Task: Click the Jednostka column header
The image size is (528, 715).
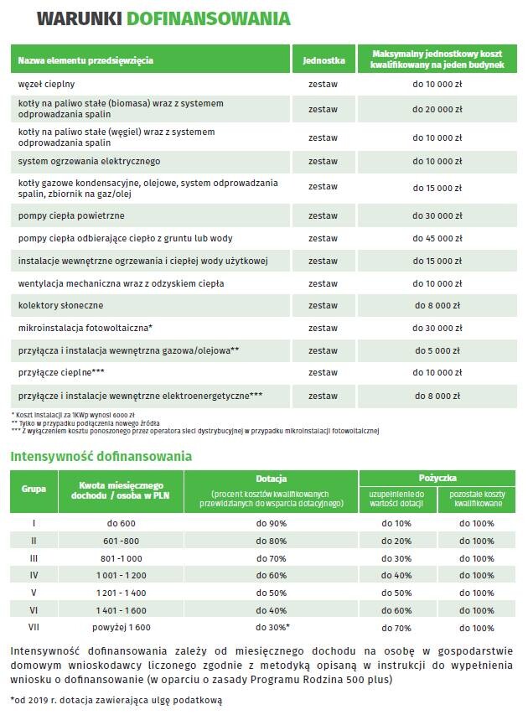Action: pyautogui.click(x=323, y=60)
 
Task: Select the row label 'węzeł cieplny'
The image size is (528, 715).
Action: pyautogui.click(x=47, y=85)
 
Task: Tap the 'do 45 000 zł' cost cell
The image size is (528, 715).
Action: pyautogui.click(x=437, y=239)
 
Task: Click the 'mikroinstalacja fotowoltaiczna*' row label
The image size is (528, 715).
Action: pyautogui.click(x=85, y=327)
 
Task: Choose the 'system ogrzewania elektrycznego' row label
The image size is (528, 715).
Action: pyautogui.click(x=89, y=161)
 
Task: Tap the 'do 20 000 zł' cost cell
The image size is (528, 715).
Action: pyautogui.click(x=437, y=109)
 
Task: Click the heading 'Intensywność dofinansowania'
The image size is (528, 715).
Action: pyautogui.click(x=101, y=457)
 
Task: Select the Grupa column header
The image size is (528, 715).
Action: pyautogui.click(x=34, y=488)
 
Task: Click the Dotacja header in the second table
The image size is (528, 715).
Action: pyautogui.click(x=272, y=477)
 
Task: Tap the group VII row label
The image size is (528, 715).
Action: pyautogui.click(x=34, y=627)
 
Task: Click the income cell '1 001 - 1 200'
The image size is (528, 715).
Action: pyautogui.click(x=122, y=575)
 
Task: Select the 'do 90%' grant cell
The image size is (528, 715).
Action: pyautogui.click(x=272, y=523)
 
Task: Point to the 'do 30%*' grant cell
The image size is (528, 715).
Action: pyautogui.click(x=272, y=627)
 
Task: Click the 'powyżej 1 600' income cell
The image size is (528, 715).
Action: pyautogui.click(x=122, y=627)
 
